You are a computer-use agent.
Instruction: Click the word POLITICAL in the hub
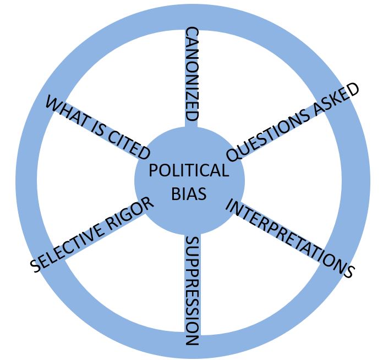point(189,170)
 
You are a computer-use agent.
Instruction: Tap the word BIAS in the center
point(189,193)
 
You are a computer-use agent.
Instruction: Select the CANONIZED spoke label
point(191,74)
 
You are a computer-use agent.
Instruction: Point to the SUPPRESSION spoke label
point(191,291)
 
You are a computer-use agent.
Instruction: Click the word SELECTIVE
point(69,247)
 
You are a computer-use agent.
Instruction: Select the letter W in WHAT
point(53,103)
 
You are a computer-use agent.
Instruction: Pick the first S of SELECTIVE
point(36,266)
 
